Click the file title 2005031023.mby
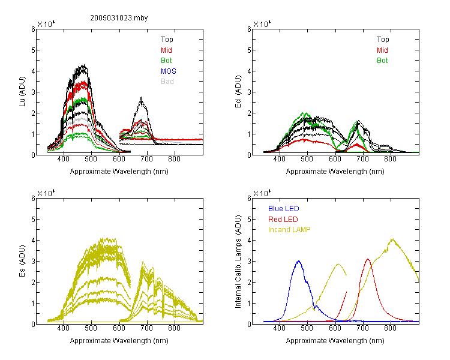(119, 18)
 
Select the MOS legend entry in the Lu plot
(169, 71)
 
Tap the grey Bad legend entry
(167, 82)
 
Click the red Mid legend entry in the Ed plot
(382, 50)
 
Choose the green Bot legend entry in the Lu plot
(166, 61)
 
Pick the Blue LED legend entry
(284, 209)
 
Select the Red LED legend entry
(283, 220)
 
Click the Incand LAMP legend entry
(289, 230)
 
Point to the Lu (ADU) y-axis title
(22, 92)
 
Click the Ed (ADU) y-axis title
(238, 92)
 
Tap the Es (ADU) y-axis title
(22, 261)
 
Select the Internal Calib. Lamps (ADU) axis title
(238, 262)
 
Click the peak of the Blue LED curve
(299, 261)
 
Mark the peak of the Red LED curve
(368, 259)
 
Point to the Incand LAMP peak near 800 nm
(392, 239)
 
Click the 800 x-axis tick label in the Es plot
(174, 328)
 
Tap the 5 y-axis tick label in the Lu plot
(33, 50)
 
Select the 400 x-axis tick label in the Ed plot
(280, 159)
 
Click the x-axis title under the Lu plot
(119, 172)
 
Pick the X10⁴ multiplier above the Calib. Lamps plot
(262, 193)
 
